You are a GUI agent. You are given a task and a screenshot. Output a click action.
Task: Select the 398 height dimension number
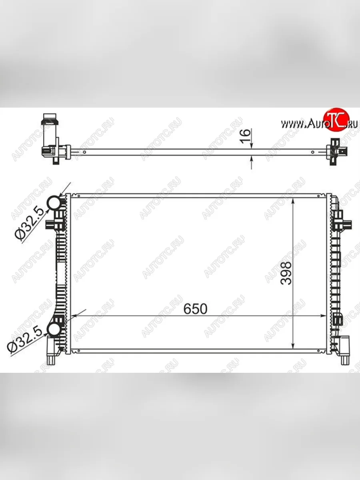(x=286, y=273)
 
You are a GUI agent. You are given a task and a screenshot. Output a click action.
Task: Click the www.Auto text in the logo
(x=302, y=124)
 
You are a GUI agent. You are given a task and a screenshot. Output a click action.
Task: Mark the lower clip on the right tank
(x=338, y=320)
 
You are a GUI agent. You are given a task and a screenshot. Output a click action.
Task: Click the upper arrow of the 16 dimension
(x=252, y=146)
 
